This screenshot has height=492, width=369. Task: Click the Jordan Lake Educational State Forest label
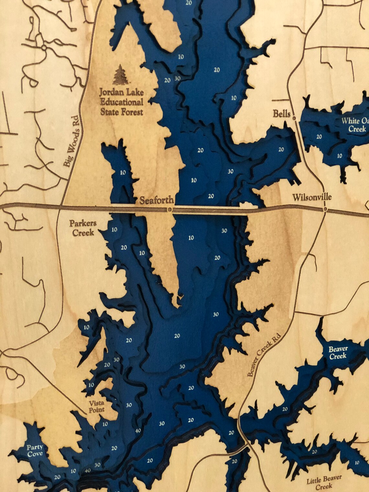click(x=121, y=102)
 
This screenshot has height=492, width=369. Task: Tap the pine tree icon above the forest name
click(x=120, y=74)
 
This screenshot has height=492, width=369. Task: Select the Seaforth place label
click(x=157, y=200)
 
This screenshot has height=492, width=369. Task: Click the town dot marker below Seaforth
click(x=169, y=210)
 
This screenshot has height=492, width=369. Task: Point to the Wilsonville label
click(x=312, y=197)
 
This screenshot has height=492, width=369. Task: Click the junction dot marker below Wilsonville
click(x=325, y=210)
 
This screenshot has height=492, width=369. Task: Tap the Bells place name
click(x=281, y=114)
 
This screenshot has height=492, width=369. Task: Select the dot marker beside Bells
click(x=294, y=118)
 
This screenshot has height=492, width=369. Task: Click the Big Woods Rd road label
click(x=71, y=141)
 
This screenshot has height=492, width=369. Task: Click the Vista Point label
click(x=97, y=406)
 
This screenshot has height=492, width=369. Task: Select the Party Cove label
click(x=35, y=450)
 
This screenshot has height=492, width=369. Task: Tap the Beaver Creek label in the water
click(x=338, y=352)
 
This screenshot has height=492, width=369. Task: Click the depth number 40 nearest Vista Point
click(x=138, y=430)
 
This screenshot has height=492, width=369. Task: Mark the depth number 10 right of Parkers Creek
click(x=114, y=230)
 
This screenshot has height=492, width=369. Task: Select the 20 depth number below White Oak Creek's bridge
click(x=319, y=137)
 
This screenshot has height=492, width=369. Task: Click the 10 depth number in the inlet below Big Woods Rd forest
click(x=123, y=173)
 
